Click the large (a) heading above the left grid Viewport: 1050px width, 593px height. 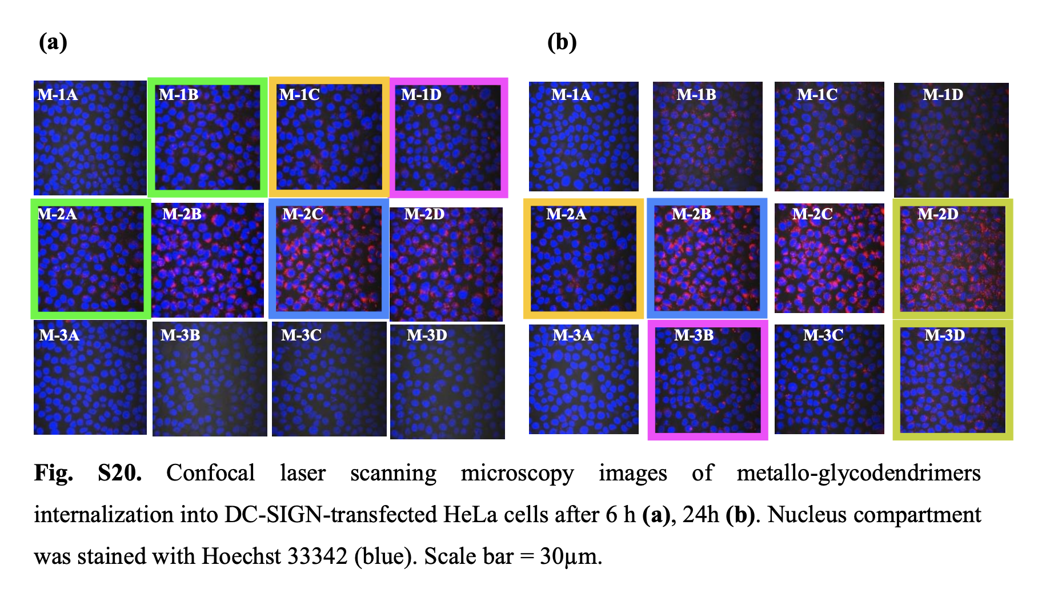pos(53,42)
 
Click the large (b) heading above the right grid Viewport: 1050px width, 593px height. pos(562,42)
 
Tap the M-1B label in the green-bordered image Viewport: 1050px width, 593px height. pos(178,94)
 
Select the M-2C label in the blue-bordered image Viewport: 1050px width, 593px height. pos(303,214)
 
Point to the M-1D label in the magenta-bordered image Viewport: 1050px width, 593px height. pos(421,94)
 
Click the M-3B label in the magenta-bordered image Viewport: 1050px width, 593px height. pos(694,335)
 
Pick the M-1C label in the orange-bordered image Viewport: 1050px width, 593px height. pos(299,94)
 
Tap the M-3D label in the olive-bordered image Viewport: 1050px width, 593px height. pos(945,335)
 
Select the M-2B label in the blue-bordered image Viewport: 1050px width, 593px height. pos(691,214)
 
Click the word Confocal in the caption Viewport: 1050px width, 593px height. pos(210,473)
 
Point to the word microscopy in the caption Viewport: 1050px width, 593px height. pos(517,473)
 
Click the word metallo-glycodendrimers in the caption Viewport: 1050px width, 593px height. pos(858,473)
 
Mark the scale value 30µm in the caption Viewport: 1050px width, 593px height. pos(571,556)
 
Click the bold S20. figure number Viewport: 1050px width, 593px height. pos(119,473)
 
